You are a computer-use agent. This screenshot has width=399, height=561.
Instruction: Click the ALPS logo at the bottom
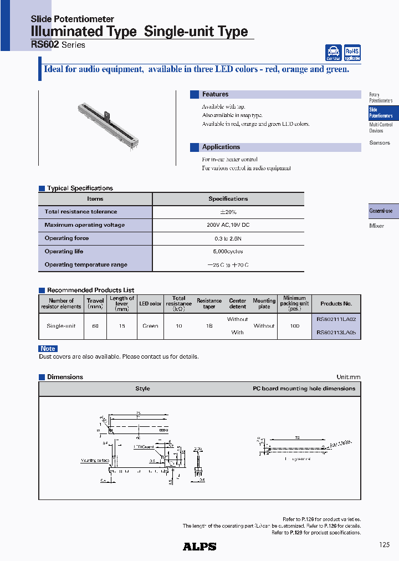(x=199, y=547)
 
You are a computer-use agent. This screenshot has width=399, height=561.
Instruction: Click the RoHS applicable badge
(x=352, y=53)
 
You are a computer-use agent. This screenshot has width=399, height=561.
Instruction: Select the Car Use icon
(x=334, y=53)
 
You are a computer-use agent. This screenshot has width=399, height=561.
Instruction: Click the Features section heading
(x=215, y=95)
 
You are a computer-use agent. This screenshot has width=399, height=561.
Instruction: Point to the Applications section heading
(x=221, y=147)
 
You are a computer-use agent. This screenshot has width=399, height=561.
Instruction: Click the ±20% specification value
(x=228, y=212)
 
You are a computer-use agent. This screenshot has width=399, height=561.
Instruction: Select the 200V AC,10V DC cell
(x=228, y=225)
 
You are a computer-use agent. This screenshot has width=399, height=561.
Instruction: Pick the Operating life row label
(x=64, y=252)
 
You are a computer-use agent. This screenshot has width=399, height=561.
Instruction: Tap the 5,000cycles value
(x=228, y=252)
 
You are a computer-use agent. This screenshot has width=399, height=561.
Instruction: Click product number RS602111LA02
(x=336, y=319)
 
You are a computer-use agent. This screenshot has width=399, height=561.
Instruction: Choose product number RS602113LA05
(x=336, y=333)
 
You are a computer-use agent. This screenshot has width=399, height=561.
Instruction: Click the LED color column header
(x=150, y=304)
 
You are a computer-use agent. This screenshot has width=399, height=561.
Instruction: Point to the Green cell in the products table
(x=150, y=326)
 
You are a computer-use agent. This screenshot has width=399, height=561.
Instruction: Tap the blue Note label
(x=48, y=348)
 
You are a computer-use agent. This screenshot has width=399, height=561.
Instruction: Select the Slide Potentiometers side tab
(x=381, y=113)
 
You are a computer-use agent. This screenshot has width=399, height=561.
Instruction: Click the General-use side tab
(x=381, y=211)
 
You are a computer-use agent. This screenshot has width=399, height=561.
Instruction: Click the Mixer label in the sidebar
(x=376, y=226)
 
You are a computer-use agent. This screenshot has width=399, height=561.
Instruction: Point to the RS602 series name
(x=45, y=44)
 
